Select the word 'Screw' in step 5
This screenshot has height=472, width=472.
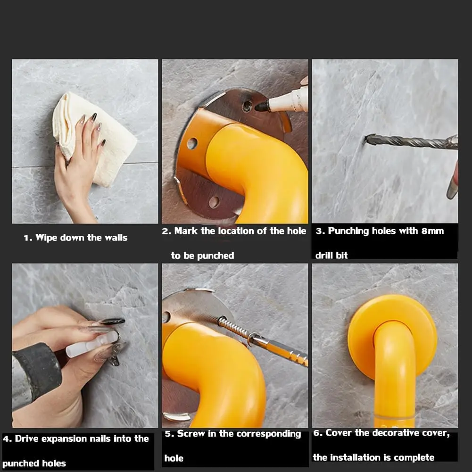(191, 434)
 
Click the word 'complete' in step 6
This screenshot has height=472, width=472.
(414, 457)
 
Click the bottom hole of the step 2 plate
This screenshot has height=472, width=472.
(214, 202)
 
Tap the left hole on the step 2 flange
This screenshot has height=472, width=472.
(191, 143)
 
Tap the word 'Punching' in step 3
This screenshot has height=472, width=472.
(348, 231)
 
